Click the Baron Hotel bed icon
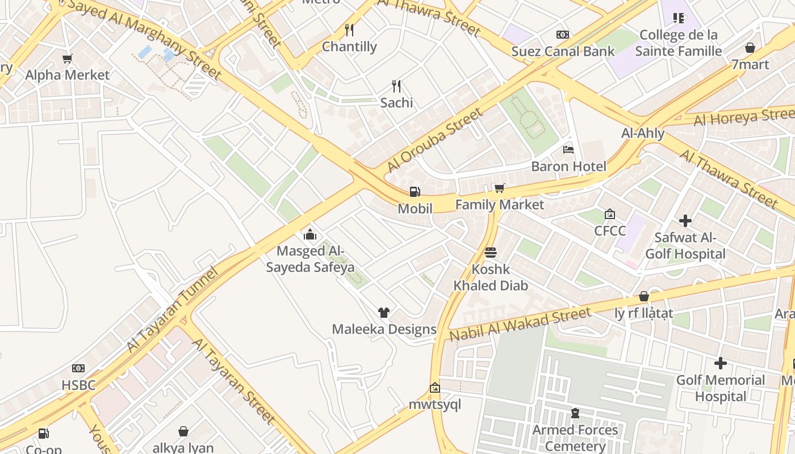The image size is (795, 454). point(568,150)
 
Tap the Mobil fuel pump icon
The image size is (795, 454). point(415,192)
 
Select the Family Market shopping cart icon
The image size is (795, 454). point(499,188)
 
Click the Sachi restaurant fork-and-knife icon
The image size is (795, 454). point(396,86)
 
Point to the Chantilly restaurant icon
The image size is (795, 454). point(349,30)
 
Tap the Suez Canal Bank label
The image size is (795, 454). point(563,51)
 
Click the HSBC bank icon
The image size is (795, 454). point(78,368)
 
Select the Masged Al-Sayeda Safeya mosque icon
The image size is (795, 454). point(310,234)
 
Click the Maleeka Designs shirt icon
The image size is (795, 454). point(384,312)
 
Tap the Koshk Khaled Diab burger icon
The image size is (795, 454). point(491,253)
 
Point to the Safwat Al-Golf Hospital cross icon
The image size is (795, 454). point(685,221)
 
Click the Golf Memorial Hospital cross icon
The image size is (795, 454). point(721,363)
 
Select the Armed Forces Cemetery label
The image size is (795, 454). point(575,438)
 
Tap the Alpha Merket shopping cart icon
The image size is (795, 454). point(68,58)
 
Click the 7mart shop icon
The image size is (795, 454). point(750,48)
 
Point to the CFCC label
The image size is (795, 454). point(610,230)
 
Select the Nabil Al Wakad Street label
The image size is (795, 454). point(520,325)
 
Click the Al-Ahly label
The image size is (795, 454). point(643,133)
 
